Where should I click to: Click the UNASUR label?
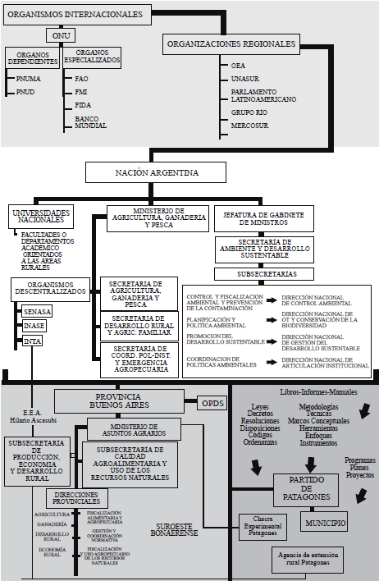tap(244, 76)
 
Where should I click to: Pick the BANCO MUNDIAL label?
tap(87, 123)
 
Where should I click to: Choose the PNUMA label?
tap(29, 78)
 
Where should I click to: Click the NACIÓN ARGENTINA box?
tap(154, 172)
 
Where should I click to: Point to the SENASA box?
tap(38, 312)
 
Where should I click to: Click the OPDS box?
tap(212, 403)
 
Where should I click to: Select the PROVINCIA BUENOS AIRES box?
tap(125, 400)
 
